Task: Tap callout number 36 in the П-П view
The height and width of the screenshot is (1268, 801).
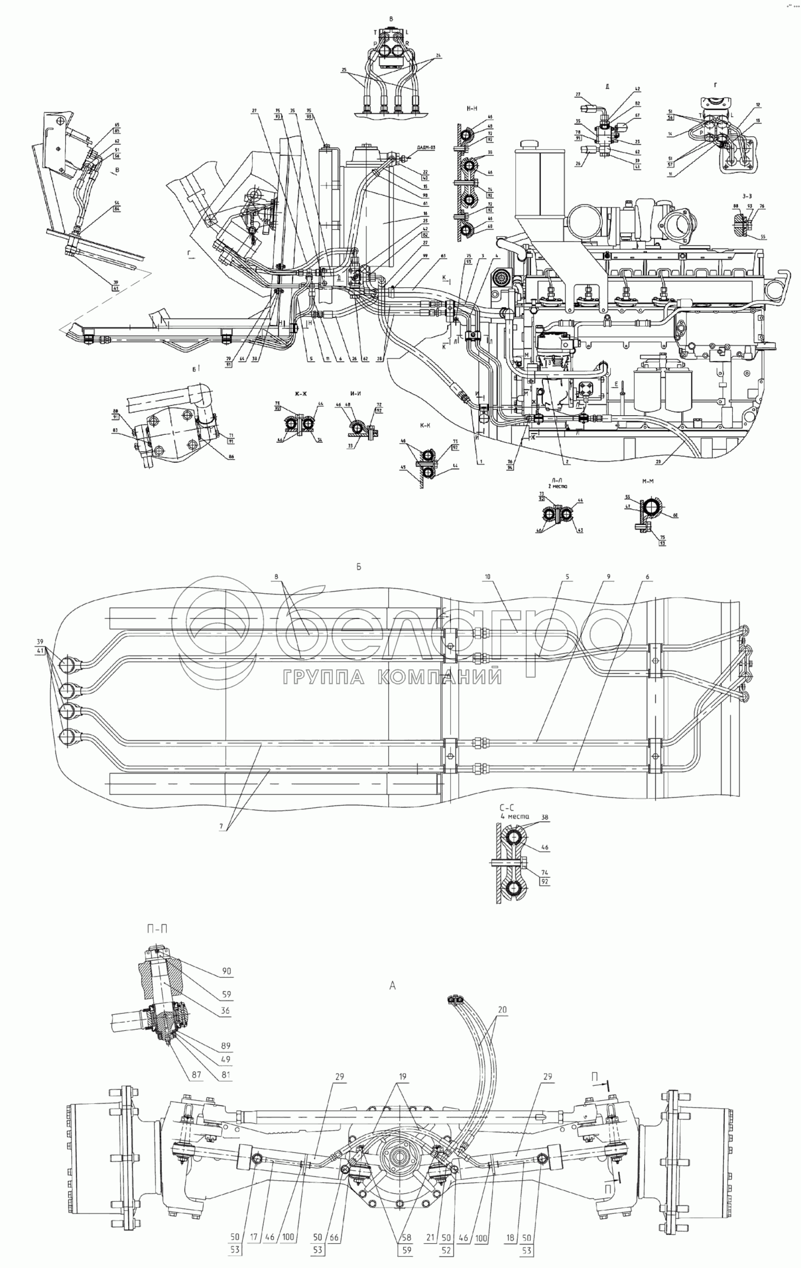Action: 225,1011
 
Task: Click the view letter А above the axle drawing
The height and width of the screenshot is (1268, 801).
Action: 392,986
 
